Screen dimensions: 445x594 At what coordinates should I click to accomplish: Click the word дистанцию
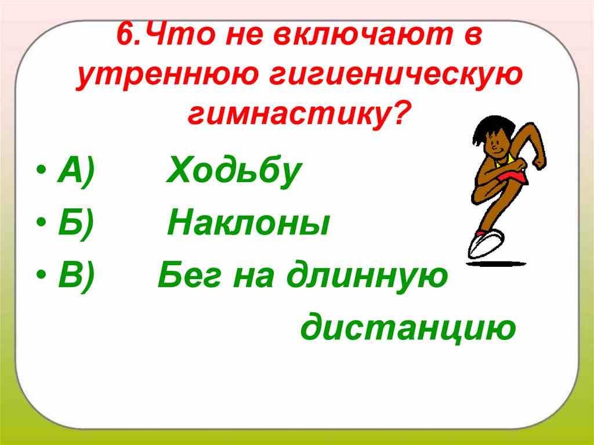click(x=408, y=328)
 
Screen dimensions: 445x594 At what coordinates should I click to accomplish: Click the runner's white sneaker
click(x=486, y=243)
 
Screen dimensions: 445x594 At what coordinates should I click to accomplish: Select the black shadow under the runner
click(x=497, y=263)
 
